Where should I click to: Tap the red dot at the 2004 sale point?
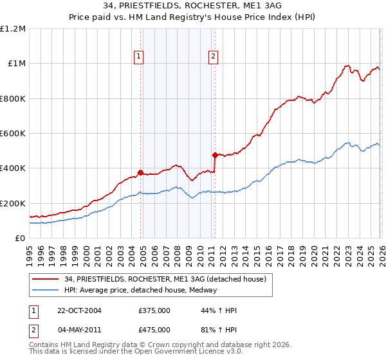click(x=140, y=172)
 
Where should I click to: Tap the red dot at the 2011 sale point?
click(x=214, y=155)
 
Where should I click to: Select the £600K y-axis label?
click(x=13, y=134)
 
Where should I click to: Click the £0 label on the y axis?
click(x=21, y=239)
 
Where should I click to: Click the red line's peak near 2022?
click(x=347, y=66)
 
